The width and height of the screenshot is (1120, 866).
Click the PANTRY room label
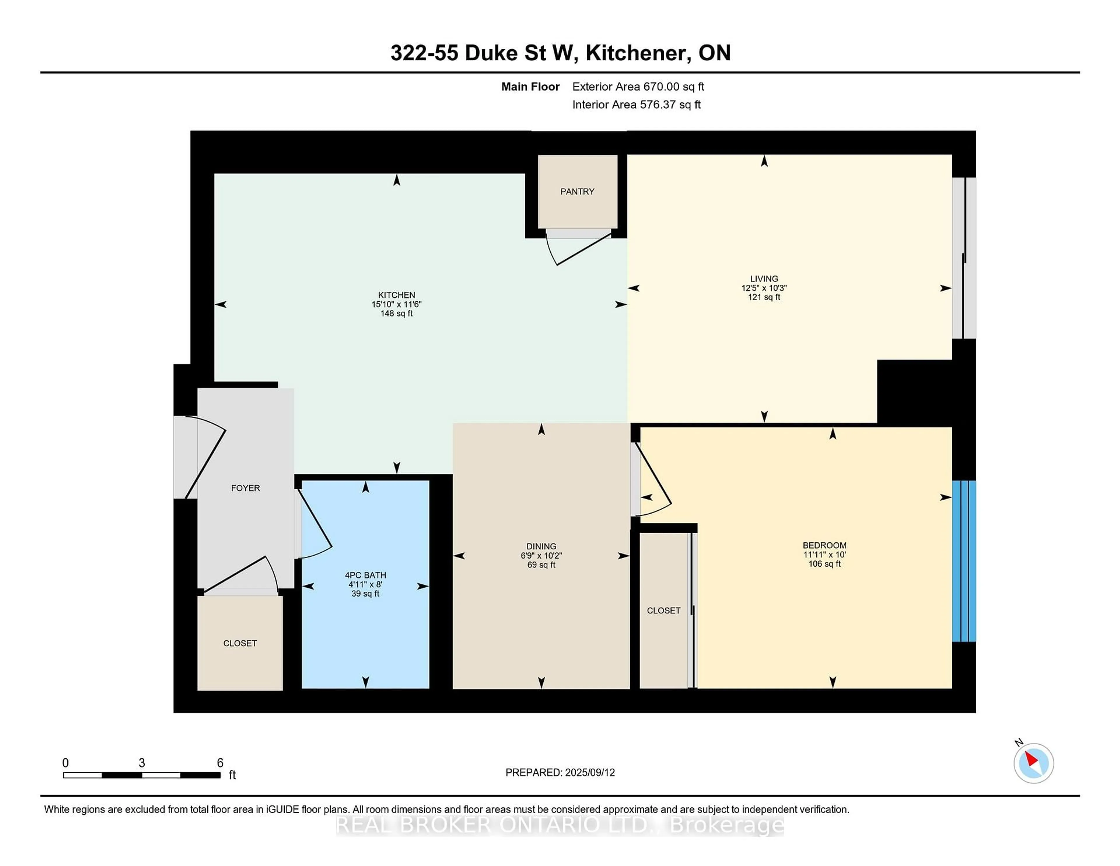[x=577, y=191]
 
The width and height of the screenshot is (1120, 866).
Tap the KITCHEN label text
[x=396, y=295]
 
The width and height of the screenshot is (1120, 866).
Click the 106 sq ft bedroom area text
[x=824, y=564]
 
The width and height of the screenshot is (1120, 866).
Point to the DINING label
[x=541, y=547]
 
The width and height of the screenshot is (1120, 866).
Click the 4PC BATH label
[x=365, y=575]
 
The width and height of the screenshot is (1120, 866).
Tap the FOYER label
[x=245, y=488]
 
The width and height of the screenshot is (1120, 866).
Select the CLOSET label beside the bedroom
[x=663, y=610]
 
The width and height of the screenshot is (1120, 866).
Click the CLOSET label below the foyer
[x=239, y=643]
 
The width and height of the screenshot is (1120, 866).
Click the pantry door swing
[x=577, y=249]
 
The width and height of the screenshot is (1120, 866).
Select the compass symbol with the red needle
[x=1033, y=763]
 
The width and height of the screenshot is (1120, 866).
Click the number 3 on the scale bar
[x=141, y=763]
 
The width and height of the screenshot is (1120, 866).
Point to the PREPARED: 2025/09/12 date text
[x=560, y=773]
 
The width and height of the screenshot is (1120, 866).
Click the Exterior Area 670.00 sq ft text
[x=638, y=87]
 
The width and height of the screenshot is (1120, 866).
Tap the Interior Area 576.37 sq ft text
[x=636, y=105]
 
